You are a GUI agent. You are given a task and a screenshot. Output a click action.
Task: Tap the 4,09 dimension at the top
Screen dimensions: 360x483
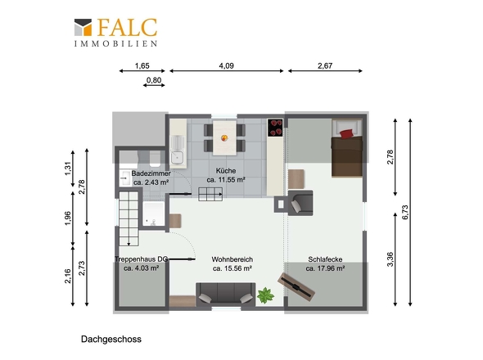(226, 65)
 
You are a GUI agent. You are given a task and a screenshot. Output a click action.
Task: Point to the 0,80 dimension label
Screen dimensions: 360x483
(153, 80)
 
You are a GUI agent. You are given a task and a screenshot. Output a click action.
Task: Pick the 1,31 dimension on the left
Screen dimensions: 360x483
(68, 169)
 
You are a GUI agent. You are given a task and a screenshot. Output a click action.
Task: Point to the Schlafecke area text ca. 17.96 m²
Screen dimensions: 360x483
(325, 268)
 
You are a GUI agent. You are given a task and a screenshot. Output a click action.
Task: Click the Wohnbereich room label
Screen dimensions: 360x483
(231, 259)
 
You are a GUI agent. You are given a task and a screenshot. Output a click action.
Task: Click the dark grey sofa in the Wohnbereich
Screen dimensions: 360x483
(224, 292)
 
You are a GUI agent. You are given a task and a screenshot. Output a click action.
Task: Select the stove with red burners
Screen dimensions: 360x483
(275, 127)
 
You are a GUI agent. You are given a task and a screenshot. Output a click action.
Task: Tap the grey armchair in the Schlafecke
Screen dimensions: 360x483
(300, 201)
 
